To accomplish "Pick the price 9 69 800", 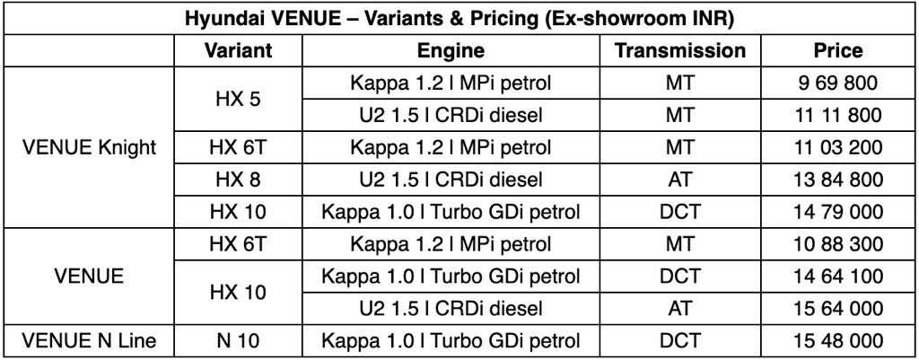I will (836, 83).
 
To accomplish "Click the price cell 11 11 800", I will (836, 116).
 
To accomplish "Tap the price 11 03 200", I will (836, 147).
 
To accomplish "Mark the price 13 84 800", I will (836, 180).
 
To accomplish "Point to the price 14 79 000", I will (836, 212).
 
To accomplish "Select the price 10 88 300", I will (836, 244).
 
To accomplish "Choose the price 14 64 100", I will (836, 276).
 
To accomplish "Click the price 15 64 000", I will (836, 308).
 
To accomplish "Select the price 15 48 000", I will (836, 340).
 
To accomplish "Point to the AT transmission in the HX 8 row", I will (680, 180).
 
